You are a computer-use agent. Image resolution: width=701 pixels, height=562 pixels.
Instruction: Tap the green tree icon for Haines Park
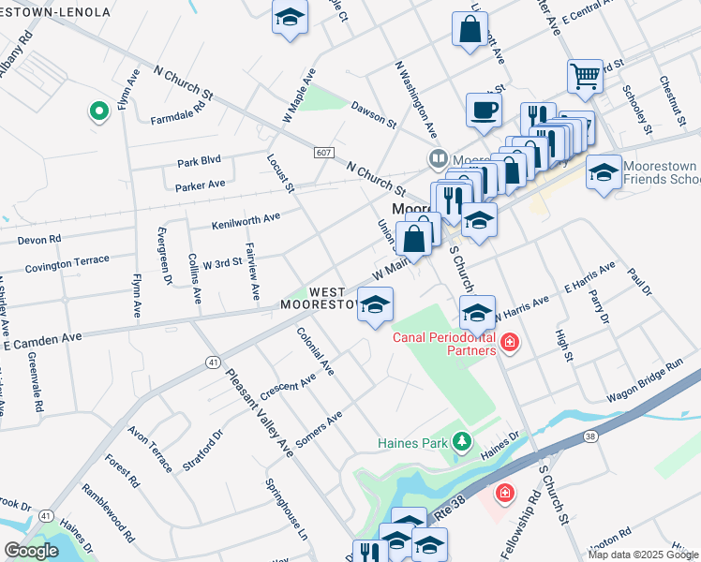461,440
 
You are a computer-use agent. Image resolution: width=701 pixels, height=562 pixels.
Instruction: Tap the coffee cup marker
484,110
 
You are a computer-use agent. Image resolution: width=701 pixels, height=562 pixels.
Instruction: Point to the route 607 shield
323,153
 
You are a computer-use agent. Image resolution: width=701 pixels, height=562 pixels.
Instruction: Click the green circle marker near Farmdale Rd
98,112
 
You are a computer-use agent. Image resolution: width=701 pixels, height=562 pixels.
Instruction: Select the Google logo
31,551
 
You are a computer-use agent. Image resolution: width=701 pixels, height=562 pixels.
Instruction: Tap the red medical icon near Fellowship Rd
504,492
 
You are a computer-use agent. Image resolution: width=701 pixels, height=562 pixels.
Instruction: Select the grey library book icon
437,158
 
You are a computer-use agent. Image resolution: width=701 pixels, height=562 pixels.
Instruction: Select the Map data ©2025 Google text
642,555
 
